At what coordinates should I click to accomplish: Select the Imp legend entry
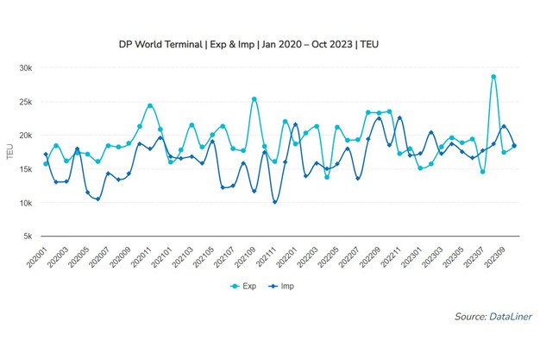click(x=290, y=285)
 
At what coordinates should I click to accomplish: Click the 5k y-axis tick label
click(x=26, y=237)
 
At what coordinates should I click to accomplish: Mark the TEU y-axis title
click(x=9, y=152)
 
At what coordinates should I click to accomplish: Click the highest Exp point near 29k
click(x=493, y=77)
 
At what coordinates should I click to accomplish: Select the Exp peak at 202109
click(x=254, y=99)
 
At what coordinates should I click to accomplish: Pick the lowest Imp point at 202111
click(x=275, y=202)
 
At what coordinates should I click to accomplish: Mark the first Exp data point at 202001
click(x=46, y=163)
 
